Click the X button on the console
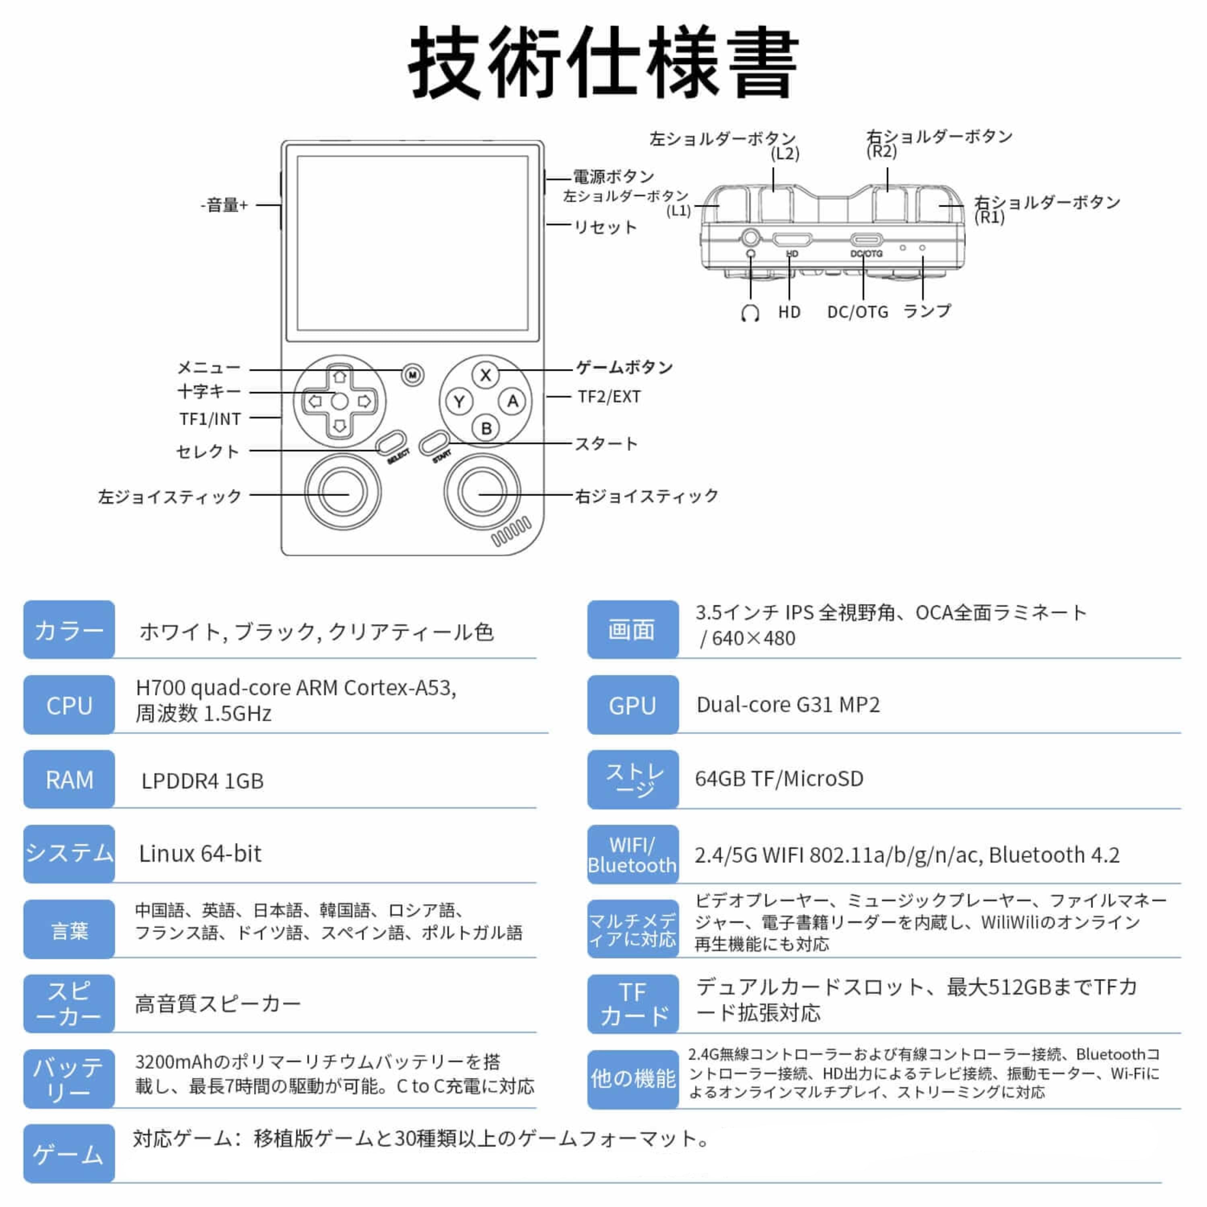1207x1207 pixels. pyautogui.click(x=486, y=375)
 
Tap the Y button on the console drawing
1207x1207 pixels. pyautogui.click(x=459, y=402)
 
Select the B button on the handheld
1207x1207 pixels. pyautogui.click(x=486, y=428)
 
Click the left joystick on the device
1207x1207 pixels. pyautogui.click(x=342, y=492)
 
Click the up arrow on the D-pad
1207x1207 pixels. pyautogui.click(x=339, y=377)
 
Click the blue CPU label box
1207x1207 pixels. pyautogui.click(x=69, y=705)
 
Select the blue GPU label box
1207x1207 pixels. pyautogui.click(x=632, y=705)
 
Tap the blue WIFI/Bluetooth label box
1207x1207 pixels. pyautogui.click(x=632, y=854)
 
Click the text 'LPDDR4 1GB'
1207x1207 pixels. pyautogui.click(x=202, y=780)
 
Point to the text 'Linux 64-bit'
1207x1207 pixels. pyautogui.click(x=200, y=853)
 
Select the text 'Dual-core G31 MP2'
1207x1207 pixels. pyautogui.click(x=788, y=705)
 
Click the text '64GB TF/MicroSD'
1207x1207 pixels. pyautogui.click(x=779, y=779)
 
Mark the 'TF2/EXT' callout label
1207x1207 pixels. pyautogui.click(x=609, y=397)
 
